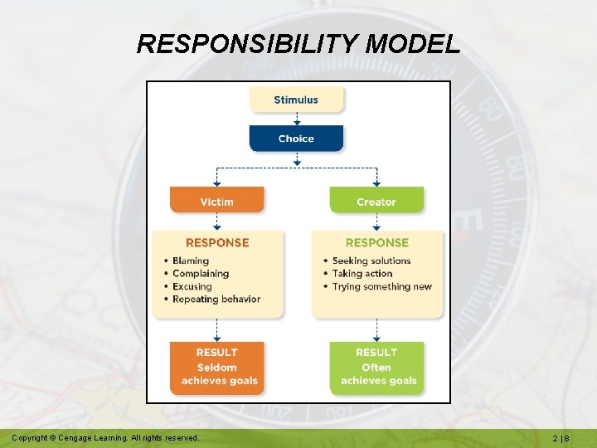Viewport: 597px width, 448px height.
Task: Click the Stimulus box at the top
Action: [x=296, y=100]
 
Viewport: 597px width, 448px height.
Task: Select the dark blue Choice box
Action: [x=296, y=139]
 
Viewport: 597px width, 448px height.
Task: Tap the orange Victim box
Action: [x=216, y=202]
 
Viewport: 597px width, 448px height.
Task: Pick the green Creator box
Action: [x=376, y=202]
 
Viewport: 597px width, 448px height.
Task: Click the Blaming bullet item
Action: [x=191, y=261]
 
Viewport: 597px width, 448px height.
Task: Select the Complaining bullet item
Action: [x=200, y=274]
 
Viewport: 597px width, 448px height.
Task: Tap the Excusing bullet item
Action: [x=192, y=286]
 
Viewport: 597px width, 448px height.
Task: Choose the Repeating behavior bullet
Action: [x=216, y=299]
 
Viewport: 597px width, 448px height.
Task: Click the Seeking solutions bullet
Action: [x=371, y=261]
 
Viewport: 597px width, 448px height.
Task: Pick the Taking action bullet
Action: [x=362, y=274]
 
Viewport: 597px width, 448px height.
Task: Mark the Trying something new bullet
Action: [x=381, y=286]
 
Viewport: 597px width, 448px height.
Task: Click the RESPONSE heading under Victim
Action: [x=216, y=243]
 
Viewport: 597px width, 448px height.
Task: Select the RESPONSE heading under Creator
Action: [x=376, y=243]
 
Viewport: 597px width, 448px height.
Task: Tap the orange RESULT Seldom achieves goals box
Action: [x=216, y=367]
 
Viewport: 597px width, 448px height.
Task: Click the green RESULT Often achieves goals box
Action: [x=376, y=367]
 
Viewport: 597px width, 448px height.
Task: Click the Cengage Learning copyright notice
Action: [x=105, y=437]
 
